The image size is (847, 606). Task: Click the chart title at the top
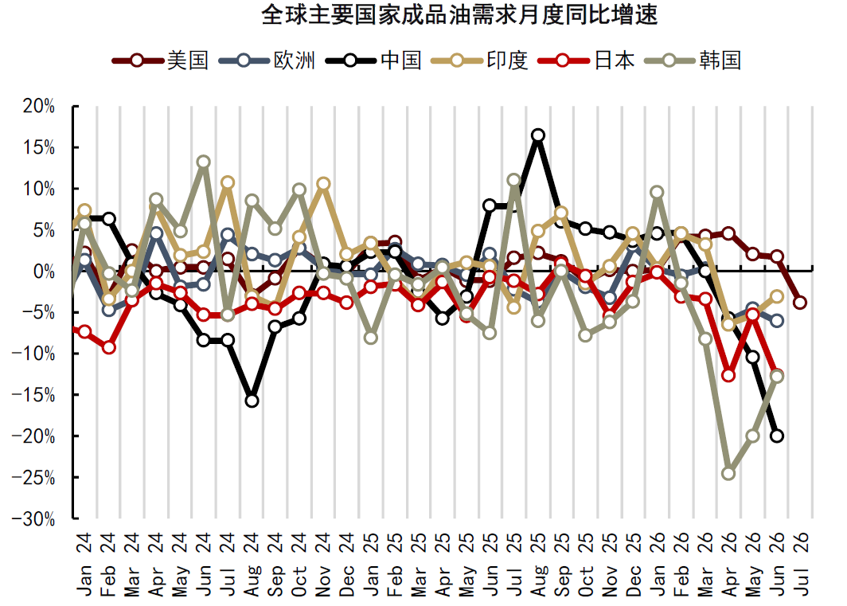pyautogui.click(x=459, y=14)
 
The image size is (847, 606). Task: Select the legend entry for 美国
pyautogui.click(x=161, y=60)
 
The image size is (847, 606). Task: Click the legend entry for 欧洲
pyautogui.click(x=267, y=60)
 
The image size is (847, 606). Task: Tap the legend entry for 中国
pyautogui.click(x=373, y=60)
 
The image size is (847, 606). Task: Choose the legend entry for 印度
pyautogui.click(x=480, y=60)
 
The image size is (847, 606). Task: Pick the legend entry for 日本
pyautogui.click(x=586, y=60)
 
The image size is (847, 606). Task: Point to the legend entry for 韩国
pyautogui.click(x=693, y=60)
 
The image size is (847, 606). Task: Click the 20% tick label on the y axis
pyautogui.click(x=39, y=107)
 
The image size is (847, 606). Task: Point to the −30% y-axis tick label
pyautogui.click(x=33, y=519)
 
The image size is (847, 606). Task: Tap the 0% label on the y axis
pyautogui.click(x=45, y=272)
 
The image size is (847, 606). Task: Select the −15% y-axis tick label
pyautogui.click(x=33, y=395)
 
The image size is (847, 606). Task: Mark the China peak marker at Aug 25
pyautogui.click(x=537, y=135)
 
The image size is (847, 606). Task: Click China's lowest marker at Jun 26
pyautogui.click(x=777, y=436)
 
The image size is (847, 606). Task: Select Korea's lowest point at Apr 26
pyautogui.click(x=728, y=473)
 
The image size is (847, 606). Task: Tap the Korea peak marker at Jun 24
pyautogui.click(x=204, y=162)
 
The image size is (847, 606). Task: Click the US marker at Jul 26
pyautogui.click(x=801, y=302)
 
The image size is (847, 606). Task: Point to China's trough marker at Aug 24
pyautogui.click(x=252, y=401)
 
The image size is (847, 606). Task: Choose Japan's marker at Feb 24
pyautogui.click(x=108, y=347)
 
